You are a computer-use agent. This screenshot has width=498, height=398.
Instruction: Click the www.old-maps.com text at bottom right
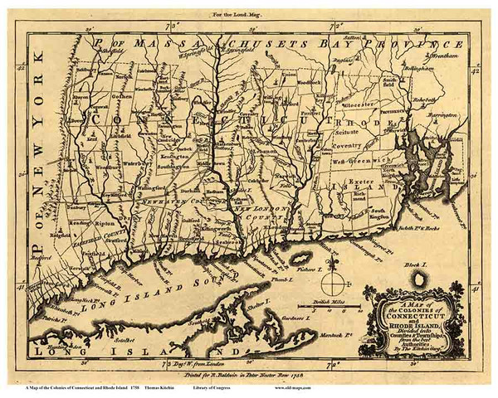tap(442, 389)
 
